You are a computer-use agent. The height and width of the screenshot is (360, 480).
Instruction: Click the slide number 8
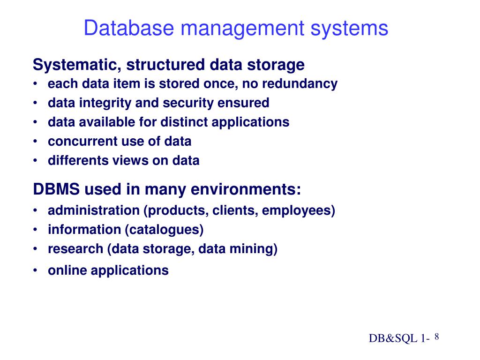pyautogui.click(x=436, y=337)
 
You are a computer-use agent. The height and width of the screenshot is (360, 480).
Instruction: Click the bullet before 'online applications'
pyautogui.click(x=36, y=270)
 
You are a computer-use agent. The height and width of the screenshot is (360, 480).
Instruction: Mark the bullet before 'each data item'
pyautogui.click(x=36, y=84)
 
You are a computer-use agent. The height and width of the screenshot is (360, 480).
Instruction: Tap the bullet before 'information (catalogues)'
pyautogui.click(x=36, y=230)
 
